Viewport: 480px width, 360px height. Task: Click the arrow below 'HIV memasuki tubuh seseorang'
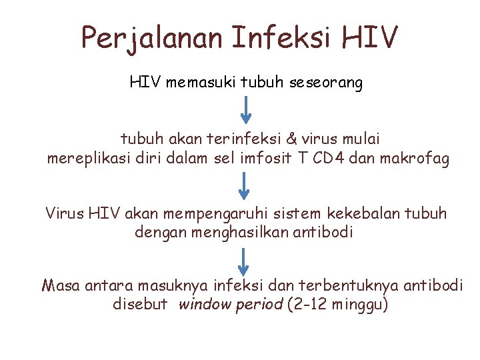(246, 110)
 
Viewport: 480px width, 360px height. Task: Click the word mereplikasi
(86, 159)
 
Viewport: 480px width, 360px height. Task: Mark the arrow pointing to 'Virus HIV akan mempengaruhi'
(245, 185)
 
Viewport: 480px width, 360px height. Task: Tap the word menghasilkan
(233, 233)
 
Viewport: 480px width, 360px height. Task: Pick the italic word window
(204, 305)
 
